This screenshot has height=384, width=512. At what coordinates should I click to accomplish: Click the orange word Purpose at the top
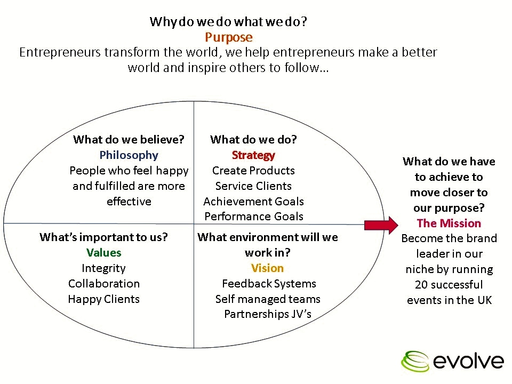click(x=228, y=37)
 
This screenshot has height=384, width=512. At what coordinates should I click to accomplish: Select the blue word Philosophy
click(x=129, y=155)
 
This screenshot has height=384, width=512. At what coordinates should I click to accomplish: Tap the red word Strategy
click(x=253, y=155)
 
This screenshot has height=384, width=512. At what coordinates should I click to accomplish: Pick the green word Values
click(x=103, y=253)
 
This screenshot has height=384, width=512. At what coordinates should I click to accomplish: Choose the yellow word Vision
click(x=267, y=268)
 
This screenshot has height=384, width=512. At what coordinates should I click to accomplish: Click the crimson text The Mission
click(x=449, y=223)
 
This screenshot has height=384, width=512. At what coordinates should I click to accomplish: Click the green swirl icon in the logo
click(x=415, y=361)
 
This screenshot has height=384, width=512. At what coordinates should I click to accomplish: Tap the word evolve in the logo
click(x=468, y=361)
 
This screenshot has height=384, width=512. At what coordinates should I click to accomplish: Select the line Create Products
click(x=253, y=171)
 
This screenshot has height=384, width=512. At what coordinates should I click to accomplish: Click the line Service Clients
click(x=253, y=186)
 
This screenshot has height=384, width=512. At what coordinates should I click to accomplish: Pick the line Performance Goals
click(x=253, y=217)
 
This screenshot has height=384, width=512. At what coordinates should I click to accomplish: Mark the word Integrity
click(x=103, y=268)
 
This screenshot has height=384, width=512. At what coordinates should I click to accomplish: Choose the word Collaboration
click(x=103, y=284)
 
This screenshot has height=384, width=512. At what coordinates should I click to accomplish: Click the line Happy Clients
click(x=103, y=299)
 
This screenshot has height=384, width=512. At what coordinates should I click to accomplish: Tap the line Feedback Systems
click(x=269, y=284)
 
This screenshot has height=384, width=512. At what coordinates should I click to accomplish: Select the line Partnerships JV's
click(x=267, y=314)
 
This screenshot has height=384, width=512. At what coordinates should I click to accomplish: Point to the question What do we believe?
click(x=129, y=140)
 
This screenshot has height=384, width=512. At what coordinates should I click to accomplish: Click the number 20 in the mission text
click(x=421, y=285)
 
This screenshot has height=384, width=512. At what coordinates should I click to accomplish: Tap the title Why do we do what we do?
click(x=228, y=22)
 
